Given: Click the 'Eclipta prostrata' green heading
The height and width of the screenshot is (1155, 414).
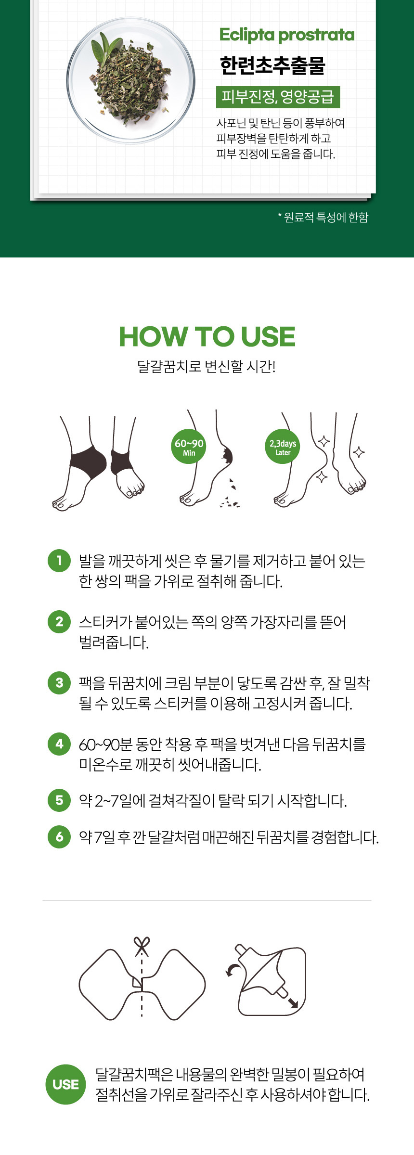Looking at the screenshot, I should coord(286,35).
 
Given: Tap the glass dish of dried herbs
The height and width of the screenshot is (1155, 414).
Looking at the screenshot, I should coord(131,80).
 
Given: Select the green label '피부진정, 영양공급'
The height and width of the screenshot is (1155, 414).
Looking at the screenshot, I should coord(278,97).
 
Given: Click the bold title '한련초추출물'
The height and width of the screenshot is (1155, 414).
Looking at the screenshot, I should coord(272,65).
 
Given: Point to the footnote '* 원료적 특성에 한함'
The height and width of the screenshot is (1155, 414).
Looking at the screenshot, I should coord(323,218).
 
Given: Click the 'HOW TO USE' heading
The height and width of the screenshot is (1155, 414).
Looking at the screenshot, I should coord(207,336).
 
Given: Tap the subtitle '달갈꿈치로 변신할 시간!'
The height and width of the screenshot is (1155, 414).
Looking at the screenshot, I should coord(207,366).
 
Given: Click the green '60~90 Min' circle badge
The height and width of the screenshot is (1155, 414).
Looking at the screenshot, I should coord(189,447).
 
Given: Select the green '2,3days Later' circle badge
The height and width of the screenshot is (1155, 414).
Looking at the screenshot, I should coord(283,447).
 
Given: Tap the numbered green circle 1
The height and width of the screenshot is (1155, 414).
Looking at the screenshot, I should coord(59,560).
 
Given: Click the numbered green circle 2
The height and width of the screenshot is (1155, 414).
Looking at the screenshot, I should coord(59,621).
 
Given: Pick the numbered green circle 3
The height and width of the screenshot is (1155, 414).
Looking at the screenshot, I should coord(59,682).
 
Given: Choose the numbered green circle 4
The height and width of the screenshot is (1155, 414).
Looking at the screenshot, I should coord(59,744).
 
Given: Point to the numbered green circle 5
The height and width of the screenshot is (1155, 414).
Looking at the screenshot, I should coord(59,800).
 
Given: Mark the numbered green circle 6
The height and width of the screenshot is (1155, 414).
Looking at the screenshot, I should coord(59,836).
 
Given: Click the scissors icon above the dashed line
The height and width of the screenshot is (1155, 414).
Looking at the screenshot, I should coord(142,946).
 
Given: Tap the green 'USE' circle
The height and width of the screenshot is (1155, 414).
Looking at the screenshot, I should coord(65,1084).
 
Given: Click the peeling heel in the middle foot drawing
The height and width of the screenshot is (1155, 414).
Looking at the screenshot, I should coord(226,455).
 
